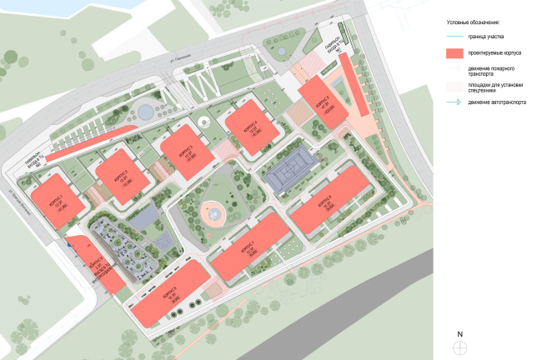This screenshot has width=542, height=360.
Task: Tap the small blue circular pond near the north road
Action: [145, 110]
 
